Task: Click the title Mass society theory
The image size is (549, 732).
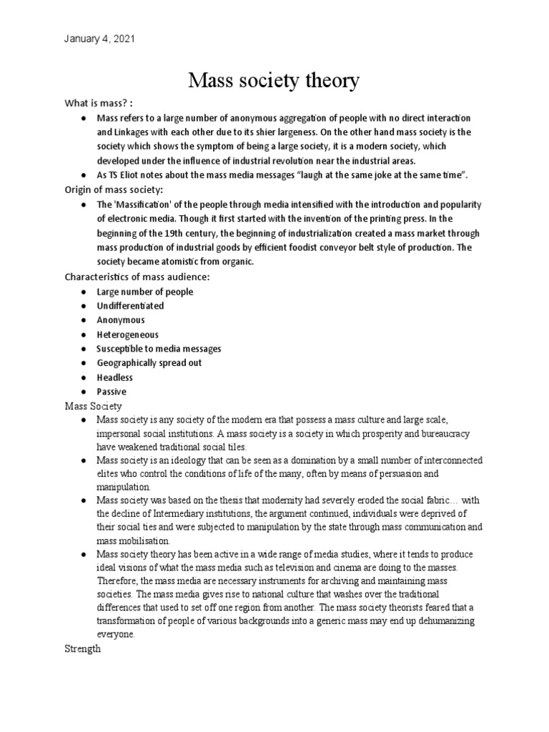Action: (274, 81)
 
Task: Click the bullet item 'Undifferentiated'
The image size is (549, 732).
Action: (130, 305)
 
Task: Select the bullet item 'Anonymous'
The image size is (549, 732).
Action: (120, 320)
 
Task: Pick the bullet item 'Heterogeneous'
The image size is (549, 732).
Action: (127, 334)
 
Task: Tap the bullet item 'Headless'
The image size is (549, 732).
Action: (114, 377)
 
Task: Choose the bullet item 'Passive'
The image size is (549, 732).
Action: (111, 391)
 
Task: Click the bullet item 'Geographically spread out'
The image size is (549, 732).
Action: (149, 362)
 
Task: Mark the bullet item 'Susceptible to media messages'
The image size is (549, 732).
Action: (159, 348)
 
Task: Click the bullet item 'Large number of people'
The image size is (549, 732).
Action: (144, 291)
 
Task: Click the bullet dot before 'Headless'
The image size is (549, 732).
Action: (84, 377)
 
